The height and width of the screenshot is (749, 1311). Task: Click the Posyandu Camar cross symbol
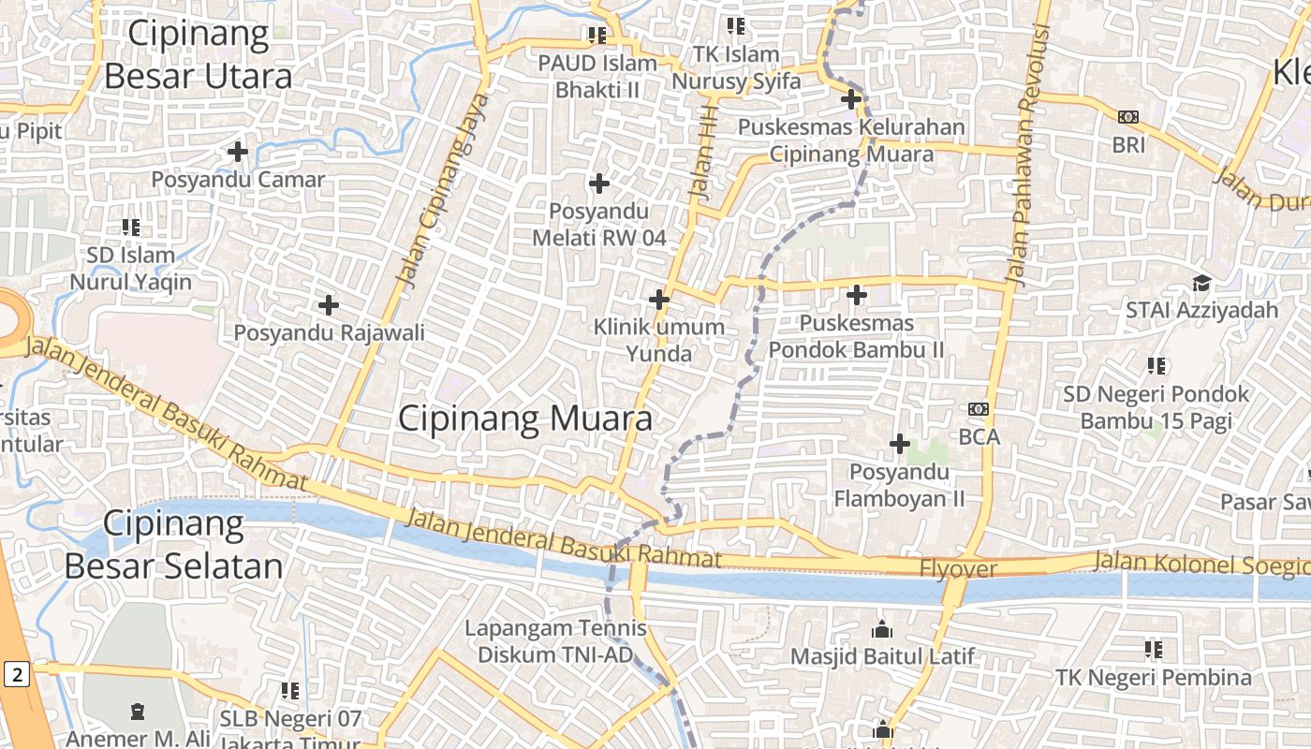click(238, 151)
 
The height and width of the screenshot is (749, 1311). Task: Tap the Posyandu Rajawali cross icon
click(329, 304)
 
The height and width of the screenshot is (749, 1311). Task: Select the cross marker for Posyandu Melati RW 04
click(599, 183)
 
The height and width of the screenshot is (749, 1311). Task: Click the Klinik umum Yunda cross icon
click(659, 300)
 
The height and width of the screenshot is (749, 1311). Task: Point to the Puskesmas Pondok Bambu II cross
click(856, 295)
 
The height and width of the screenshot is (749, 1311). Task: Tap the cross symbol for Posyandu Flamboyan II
click(900, 443)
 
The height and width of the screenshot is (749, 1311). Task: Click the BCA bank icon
click(979, 409)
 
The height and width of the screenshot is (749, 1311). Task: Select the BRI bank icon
click(1128, 117)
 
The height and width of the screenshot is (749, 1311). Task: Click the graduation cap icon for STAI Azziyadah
click(1201, 283)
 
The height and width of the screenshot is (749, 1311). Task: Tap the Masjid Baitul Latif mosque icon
click(882, 629)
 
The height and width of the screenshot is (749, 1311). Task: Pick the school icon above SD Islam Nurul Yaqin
click(131, 227)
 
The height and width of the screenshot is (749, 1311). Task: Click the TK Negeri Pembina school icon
click(1154, 649)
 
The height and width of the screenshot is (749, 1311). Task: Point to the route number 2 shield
click(17, 673)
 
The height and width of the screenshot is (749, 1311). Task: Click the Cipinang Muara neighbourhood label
click(525, 419)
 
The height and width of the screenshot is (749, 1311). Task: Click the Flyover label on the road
click(958, 568)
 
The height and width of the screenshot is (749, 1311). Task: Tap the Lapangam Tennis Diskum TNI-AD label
click(555, 641)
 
